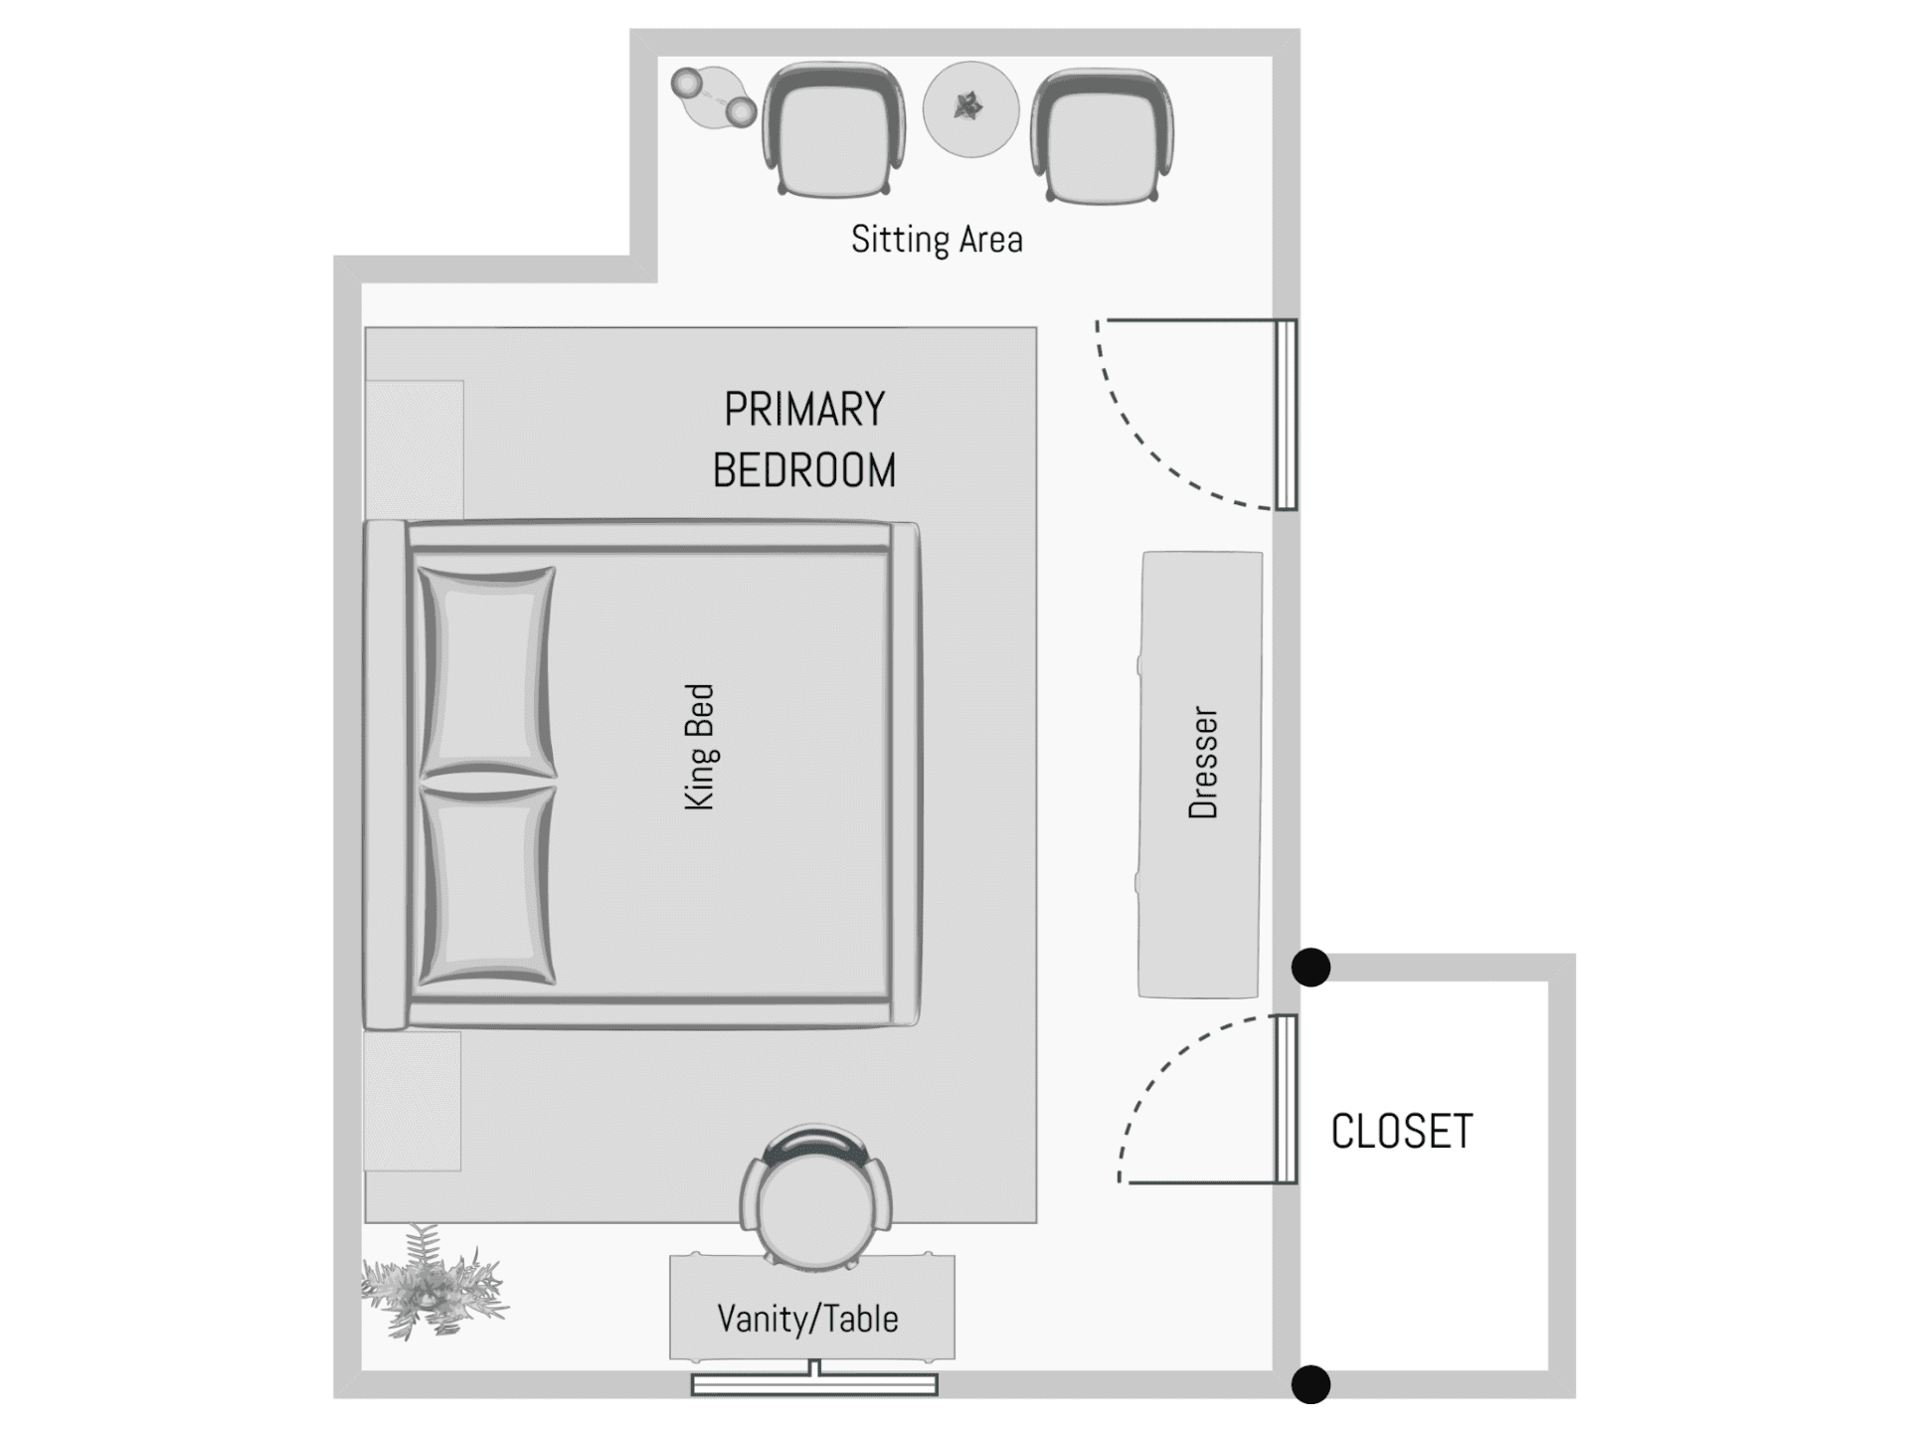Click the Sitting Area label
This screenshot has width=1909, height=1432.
coord(937,240)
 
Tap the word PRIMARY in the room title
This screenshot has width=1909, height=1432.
coord(804,410)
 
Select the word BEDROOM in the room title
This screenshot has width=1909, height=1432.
coord(804,470)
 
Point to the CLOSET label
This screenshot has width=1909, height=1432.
coord(1402,1132)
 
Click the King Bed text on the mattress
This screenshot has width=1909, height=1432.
coord(700,747)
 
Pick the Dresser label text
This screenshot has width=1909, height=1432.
coord(1203,763)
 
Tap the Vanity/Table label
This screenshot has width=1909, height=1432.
coord(807,1319)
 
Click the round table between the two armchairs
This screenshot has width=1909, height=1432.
coord(970,108)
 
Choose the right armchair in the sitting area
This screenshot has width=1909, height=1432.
coord(1103,135)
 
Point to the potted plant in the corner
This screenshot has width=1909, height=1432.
coord(434,1283)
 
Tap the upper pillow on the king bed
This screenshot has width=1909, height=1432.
coord(487,672)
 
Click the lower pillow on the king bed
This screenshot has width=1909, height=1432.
coord(487,885)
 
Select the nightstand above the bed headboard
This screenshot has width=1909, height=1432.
coord(414,449)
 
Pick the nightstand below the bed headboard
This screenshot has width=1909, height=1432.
coord(413,1101)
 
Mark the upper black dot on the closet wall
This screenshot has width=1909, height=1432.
coord(1310,967)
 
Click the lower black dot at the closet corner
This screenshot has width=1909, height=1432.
coord(1310,1384)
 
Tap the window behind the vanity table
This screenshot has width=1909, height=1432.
coord(814,1383)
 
